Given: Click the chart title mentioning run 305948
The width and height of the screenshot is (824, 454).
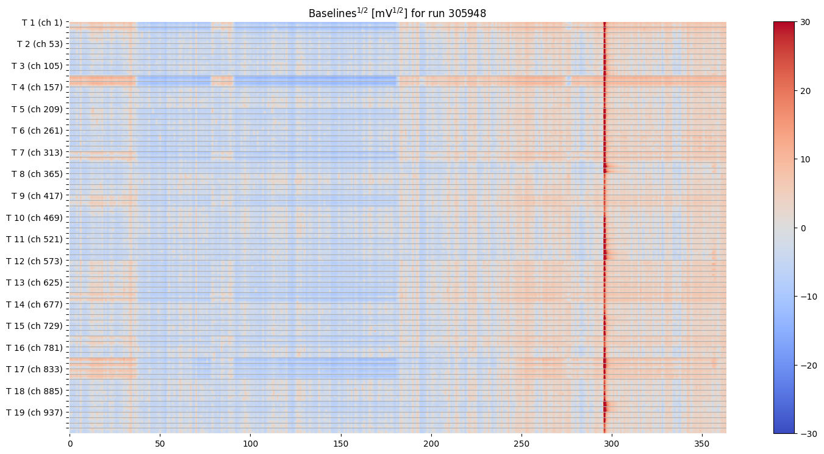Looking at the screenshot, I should click(397, 13).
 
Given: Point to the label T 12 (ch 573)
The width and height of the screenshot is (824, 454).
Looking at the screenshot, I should click(35, 261).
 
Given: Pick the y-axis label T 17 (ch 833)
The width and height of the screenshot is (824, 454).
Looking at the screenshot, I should click(35, 369).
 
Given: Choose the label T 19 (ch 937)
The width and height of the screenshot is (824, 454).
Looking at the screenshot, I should click(35, 413).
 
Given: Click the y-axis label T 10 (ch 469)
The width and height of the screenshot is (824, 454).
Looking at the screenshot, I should click(35, 218).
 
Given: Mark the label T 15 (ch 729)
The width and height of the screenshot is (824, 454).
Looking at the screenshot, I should click(35, 326).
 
